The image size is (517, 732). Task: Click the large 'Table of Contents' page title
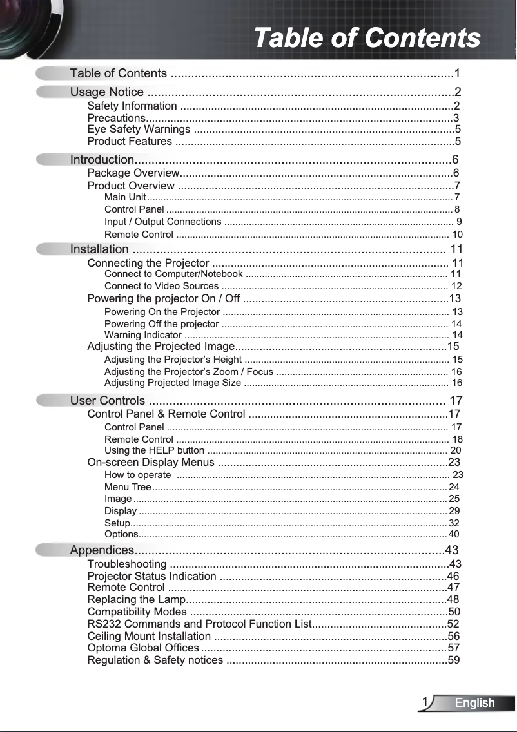tap(367, 37)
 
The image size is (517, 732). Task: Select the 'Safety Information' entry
tap(132, 106)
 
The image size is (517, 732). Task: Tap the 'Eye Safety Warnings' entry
tap(139, 130)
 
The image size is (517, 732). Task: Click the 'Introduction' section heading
tap(102, 159)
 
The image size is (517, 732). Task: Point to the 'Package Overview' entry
tap(133, 173)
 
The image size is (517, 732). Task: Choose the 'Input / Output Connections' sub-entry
tap(162, 222)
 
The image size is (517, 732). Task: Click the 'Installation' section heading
tap(99, 249)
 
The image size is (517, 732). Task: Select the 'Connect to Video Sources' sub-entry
tap(161, 286)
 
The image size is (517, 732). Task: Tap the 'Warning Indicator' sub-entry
tap(142, 335)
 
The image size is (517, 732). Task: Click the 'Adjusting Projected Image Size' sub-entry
tap(173, 383)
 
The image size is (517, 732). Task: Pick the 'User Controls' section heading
tap(108, 401)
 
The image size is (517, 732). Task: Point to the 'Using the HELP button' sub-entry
tap(154, 450)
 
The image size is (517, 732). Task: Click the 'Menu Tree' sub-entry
tap(128, 487)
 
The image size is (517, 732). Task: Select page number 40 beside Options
tap(454, 534)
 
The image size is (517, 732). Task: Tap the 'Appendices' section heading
tap(102, 550)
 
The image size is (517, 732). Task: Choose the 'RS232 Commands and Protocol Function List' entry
tap(199, 624)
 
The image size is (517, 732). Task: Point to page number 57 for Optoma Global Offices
tap(454, 648)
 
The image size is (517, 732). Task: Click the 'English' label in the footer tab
tap(474, 703)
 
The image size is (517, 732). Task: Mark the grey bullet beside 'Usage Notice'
tap(51, 91)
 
